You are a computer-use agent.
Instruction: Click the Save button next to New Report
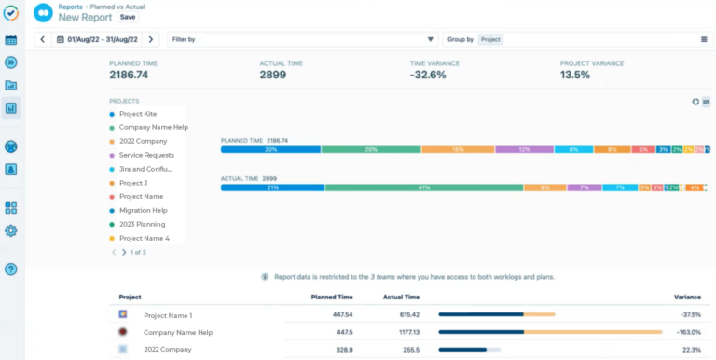128,17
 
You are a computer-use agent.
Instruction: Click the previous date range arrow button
42,39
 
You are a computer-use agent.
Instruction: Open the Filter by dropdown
302,39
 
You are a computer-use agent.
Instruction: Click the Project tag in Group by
490,39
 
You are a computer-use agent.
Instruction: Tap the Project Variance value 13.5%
575,75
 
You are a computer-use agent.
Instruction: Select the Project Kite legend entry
138,114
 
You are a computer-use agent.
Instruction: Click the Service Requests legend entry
146,155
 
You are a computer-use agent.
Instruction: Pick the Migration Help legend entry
143,211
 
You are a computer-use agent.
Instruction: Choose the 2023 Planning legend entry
142,225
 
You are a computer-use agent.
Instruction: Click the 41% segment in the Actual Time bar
423,187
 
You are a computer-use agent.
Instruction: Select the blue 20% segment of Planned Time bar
270,149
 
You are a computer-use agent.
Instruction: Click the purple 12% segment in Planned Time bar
524,149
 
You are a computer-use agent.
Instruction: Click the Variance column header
687,298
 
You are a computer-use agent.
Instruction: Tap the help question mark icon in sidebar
11,270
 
